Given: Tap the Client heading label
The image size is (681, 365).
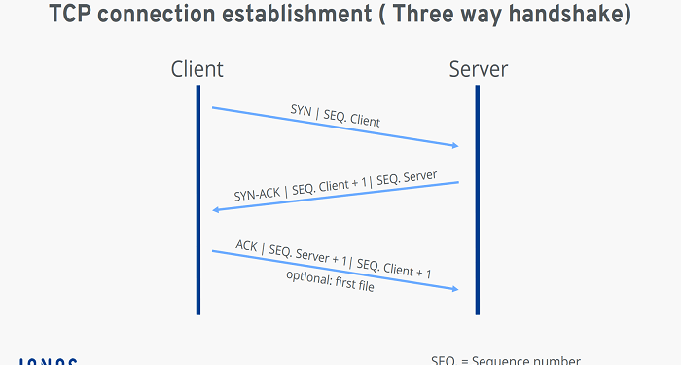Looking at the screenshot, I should tap(197, 69).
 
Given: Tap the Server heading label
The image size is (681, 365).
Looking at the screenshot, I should tap(478, 69).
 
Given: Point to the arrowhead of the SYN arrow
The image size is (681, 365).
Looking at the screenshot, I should tap(453, 146).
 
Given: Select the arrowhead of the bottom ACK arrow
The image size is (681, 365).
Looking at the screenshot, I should tap(453, 289).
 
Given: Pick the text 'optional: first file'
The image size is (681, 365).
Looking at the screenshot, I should tap(330, 279).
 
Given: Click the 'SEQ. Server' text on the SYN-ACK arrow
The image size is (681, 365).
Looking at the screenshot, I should tap(408, 178).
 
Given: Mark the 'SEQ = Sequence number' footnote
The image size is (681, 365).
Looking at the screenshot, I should tap(506, 359).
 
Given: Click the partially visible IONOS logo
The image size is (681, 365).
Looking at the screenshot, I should tap(49, 360).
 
